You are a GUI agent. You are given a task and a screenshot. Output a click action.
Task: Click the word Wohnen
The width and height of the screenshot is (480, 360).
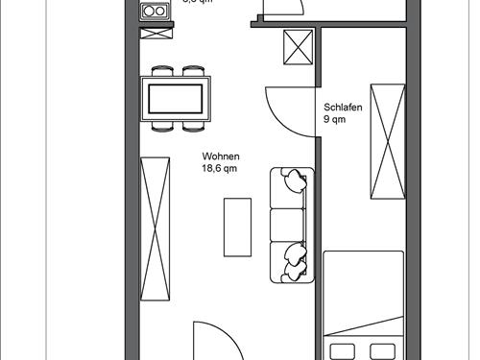220,156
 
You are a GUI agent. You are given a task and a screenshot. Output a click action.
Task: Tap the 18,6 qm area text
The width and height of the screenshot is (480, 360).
219,169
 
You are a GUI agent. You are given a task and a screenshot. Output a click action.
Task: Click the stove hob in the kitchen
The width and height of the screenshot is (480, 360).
154,12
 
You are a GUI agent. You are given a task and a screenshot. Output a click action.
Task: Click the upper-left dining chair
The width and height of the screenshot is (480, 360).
160,71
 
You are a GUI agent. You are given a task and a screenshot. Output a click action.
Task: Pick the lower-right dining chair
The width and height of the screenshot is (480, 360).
192,125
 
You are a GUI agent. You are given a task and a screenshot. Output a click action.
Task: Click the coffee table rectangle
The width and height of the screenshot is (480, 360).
237,227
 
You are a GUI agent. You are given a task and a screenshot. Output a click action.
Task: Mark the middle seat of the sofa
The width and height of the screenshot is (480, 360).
286,226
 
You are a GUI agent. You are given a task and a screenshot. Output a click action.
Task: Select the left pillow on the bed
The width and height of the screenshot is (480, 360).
344,348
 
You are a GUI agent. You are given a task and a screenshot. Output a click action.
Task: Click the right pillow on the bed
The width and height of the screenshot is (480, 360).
383,348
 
